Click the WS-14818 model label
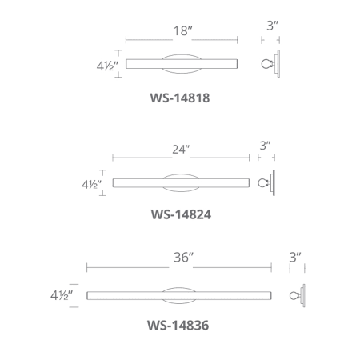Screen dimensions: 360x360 pyautogui.click(x=180, y=98)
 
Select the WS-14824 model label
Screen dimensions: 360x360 pyautogui.click(x=181, y=214)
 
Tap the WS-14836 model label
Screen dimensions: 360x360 pyautogui.click(x=178, y=326)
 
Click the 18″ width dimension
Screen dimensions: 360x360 pyautogui.click(x=182, y=31)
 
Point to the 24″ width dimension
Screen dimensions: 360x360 pyautogui.click(x=181, y=150)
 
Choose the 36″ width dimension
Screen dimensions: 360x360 pyautogui.click(x=183, y=258)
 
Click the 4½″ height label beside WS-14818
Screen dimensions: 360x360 pyautogui.click(x=107, y=66)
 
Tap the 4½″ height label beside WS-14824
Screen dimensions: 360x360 pyautogui.click(x=92, y=184)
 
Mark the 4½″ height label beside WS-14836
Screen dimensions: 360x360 pyautogui.click(x=62, y=295)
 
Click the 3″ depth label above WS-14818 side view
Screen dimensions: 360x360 pyautogui.click(x=272, y=26)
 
